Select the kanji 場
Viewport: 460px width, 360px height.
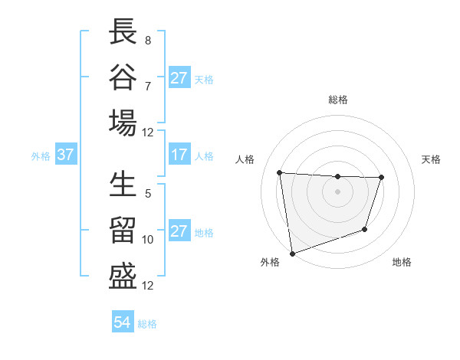pyautogui.click(x=123, y=123)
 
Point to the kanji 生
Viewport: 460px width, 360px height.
pyautogui.click(x=123, y=185)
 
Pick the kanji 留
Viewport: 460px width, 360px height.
pyautogui.click(x=123, y=231)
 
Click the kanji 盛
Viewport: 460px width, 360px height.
pyautogui.click(x=123, y=276)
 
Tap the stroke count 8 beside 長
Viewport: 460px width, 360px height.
pyautogui.click(x=147, y=41)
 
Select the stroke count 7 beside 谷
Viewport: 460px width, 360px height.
pyautogui.click(x=147, y=85)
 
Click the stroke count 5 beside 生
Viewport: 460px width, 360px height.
pyautogui.click(x=147, y=194)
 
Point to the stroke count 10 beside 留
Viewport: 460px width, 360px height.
pyautogui.click(x=148, y=239)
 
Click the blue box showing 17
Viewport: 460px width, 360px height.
pyautogui.click(x=179, y=155)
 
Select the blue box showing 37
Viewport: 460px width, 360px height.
pyautogui.click(x=65, y=155)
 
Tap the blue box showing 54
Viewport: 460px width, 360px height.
pyautogui.click(x=122, y=322)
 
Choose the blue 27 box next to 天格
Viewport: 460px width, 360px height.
pyautogui.click(x=179, y=78)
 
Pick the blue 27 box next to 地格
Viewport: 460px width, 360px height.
pyautogui.click(x=179, y=231)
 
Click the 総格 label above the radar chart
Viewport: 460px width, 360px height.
pyautogui.click(x=338, y=100)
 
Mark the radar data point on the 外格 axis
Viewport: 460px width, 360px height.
pyautogui.click(x=292, y=253)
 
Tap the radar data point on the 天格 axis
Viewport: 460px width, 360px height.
pyautogui.click(x=381, y=178)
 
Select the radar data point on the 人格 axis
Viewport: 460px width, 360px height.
pyautogui.click(x=280, y=172)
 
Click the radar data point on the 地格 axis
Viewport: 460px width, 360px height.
pyautogui.click(x=365, y=229)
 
